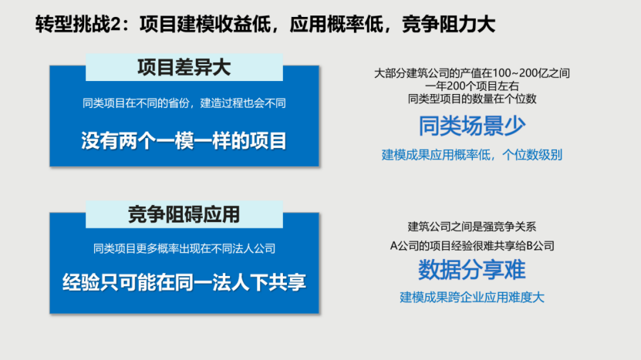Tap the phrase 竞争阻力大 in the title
pyautogui.click(x=448, y=24)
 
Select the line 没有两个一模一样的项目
pyautogui.click(x=184, y=141)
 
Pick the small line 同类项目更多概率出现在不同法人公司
pyautogui.click(x=184, y=248)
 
